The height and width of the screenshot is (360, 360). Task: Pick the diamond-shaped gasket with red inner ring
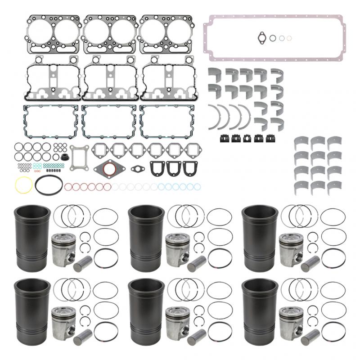[110, 170]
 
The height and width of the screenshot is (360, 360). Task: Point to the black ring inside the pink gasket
[273, 38]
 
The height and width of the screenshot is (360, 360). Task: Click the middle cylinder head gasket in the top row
[109, 34]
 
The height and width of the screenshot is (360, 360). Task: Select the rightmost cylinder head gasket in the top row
[166, 34]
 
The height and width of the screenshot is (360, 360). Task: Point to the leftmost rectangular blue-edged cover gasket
[49, 121]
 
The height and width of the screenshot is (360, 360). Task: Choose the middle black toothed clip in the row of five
[247, 138]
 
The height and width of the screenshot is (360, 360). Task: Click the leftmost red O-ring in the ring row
[68, 186]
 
